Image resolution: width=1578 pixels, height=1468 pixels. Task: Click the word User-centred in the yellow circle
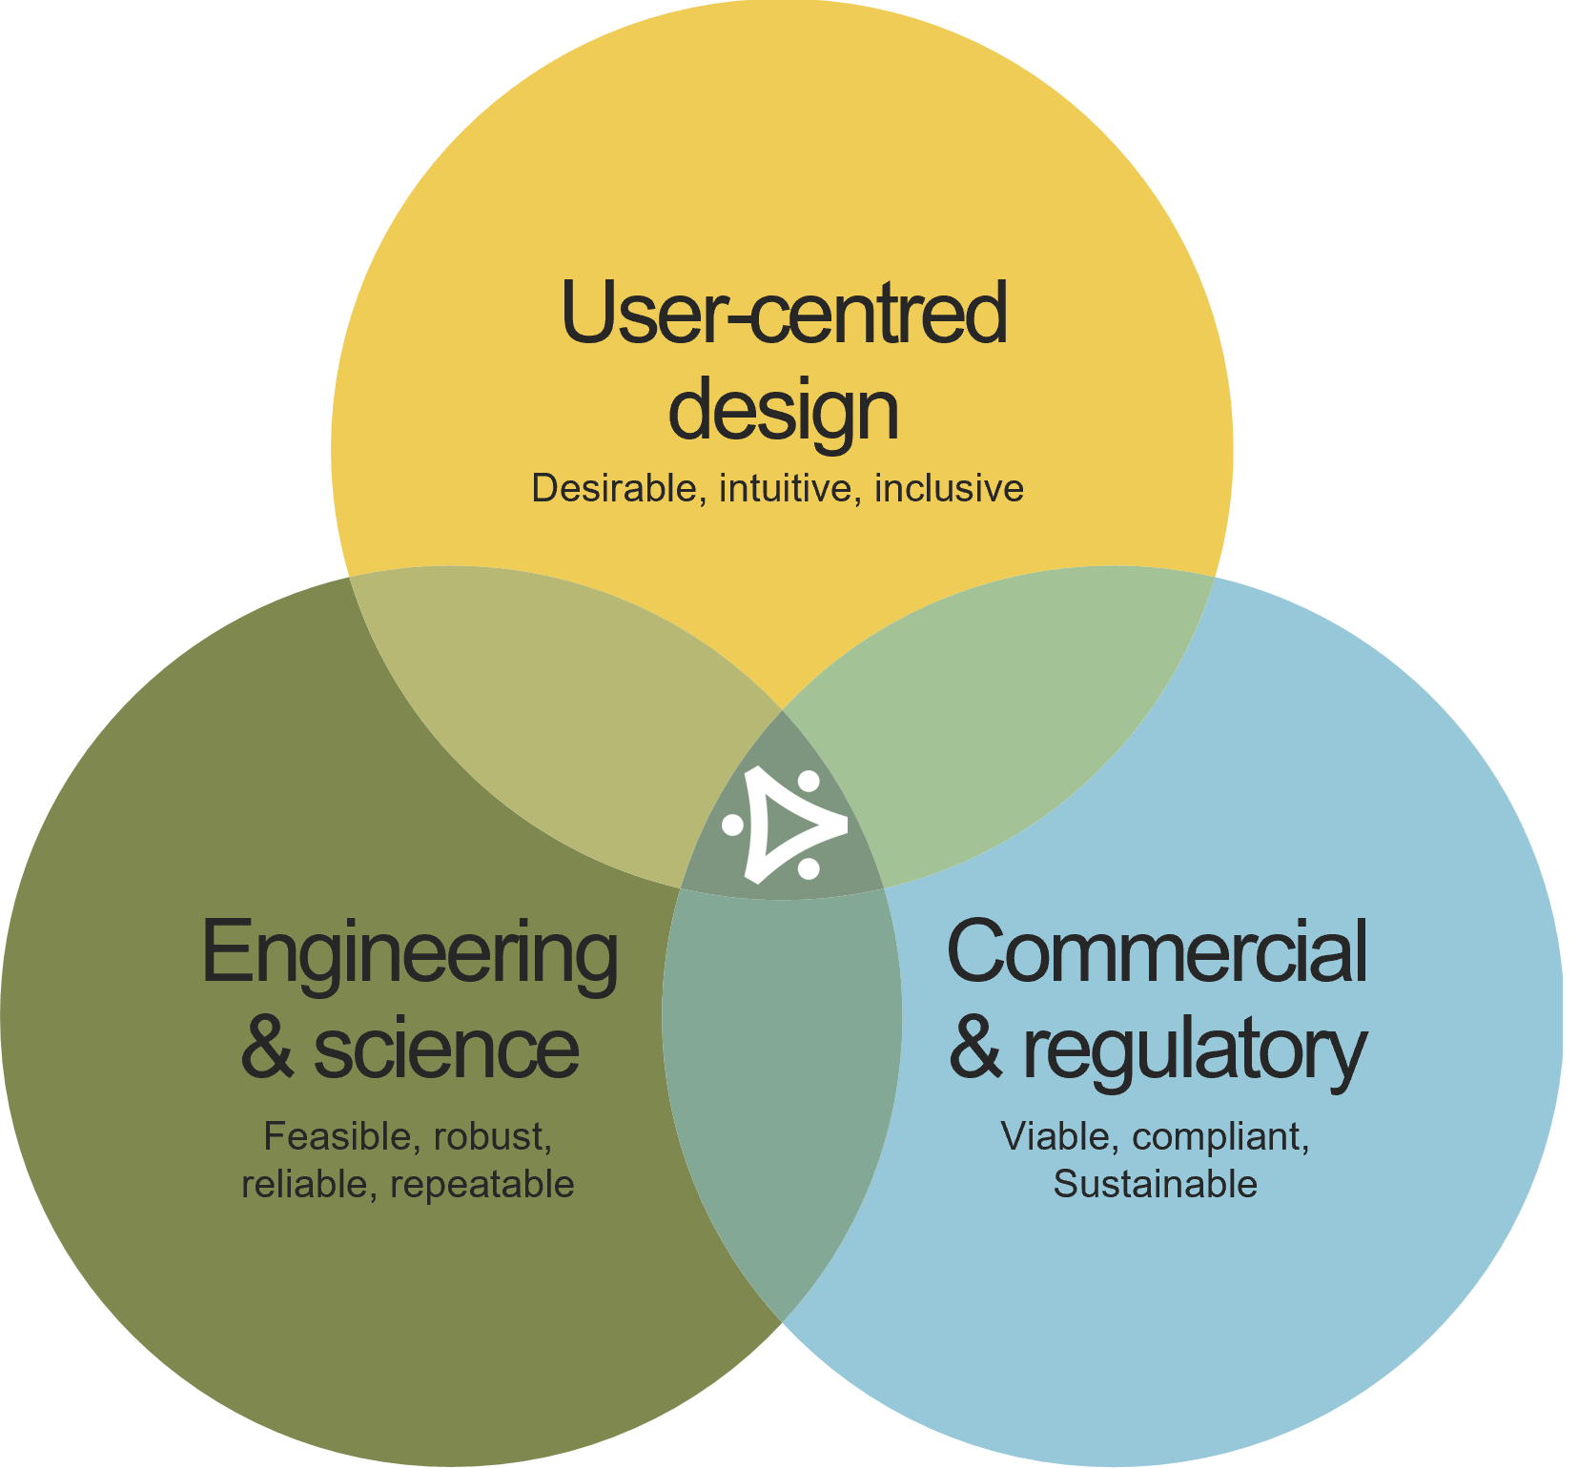(x=784, y=313)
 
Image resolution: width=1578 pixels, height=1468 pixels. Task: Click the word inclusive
(x=949, y=488)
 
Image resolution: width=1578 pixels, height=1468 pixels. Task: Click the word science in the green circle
(x=445, y=1048)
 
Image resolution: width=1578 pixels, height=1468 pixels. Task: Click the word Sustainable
(x=1155, y=1185)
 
